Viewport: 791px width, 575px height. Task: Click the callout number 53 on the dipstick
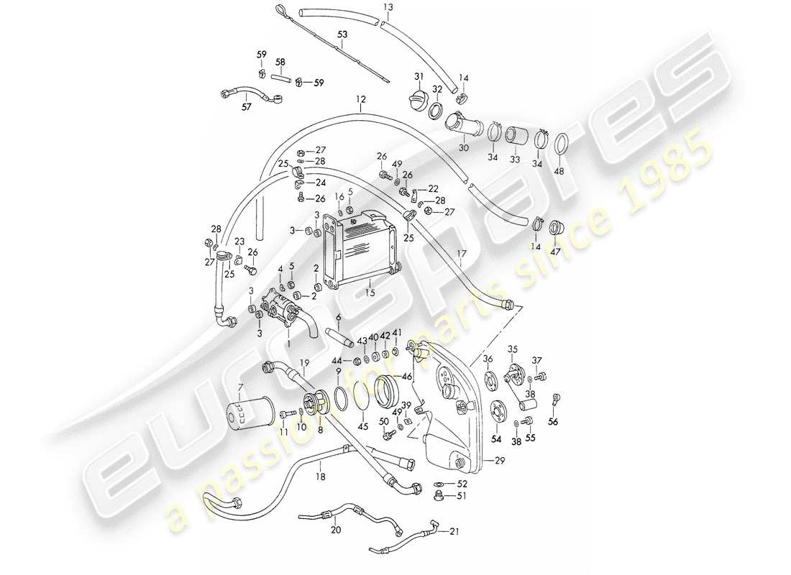[x=342, y=34]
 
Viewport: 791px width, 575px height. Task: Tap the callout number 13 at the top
[x=388, y=7]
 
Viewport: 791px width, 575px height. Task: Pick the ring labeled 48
[x=562, y=145]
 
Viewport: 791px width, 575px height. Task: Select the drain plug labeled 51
[x=439, y=495]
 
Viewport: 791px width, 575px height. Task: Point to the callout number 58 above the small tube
[x=281, y=63]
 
